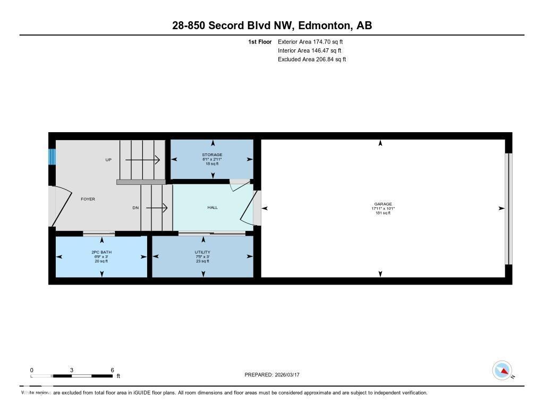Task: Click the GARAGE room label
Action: click(382, 204)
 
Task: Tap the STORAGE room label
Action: click(211, 155)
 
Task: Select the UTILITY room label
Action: click(202, 252)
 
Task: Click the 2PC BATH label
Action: click(101, 252)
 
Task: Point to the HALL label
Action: click(212, 208)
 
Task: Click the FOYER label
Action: click(88, 199)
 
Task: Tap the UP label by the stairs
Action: click(108, 160)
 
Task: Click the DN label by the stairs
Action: click(135, 208)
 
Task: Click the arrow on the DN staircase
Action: click(157, 208)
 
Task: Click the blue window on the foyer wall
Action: click(52, 157)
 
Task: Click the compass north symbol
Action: click(502, 371)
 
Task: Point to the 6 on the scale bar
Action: click(112, 370)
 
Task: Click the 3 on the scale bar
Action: click(71, 370)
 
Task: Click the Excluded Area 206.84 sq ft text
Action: click(312, 59)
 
